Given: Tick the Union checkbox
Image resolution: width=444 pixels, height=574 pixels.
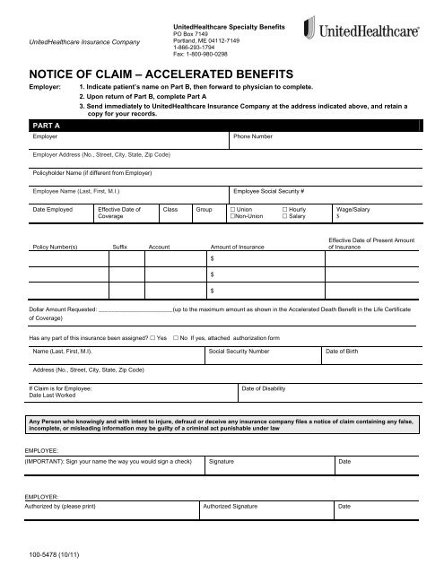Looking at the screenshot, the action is (232, 209).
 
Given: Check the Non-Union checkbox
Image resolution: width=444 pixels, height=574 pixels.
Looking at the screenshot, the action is (232, 216).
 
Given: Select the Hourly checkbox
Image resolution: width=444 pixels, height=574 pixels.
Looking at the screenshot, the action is (285, 209).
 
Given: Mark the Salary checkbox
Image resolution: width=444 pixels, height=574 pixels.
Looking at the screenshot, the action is (285, 216).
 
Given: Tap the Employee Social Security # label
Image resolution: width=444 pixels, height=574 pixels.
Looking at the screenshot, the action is (270, 191).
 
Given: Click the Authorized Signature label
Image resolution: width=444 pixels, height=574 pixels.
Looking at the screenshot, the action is (236, 507).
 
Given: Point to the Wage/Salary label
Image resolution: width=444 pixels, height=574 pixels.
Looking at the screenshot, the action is (353, 209).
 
